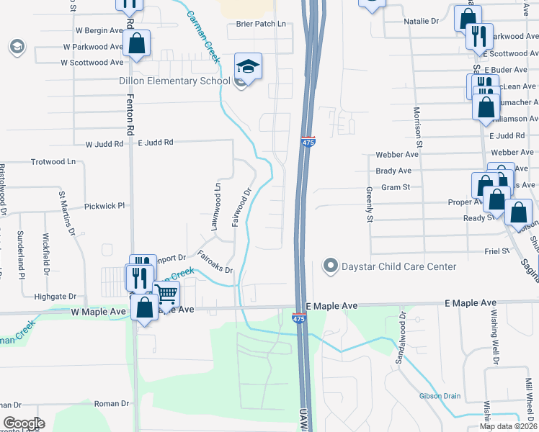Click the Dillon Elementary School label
click(174, 81)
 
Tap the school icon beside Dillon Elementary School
click(248, 67)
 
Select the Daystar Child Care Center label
click(399, 266)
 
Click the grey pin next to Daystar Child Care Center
click(331, 266)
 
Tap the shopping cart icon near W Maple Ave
click(166, 294)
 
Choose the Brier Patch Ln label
click(261, 24)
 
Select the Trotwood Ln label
click(53, 162)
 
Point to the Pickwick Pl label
click(104, 206)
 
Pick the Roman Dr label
click(110, 404)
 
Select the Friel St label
click(496, 251)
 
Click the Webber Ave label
click(397, 154)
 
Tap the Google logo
click(24, 423)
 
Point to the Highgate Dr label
click(55, 296)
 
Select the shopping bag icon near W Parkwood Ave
click(137, 43)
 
